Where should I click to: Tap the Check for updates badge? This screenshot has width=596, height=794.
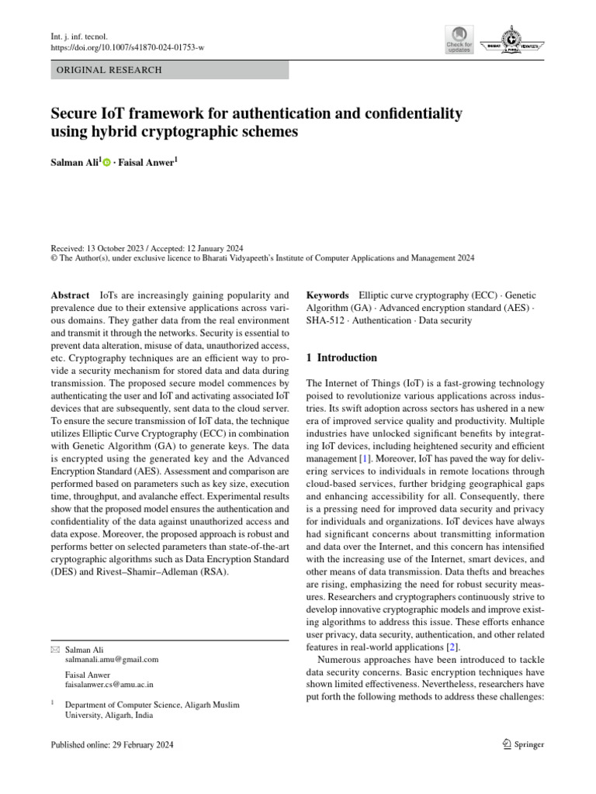click(459, 39)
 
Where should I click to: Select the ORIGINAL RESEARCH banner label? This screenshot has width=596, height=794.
click(106, 71)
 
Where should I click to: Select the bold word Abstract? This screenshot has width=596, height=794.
click(70, 295)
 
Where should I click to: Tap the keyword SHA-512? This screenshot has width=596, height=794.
click(327, 319)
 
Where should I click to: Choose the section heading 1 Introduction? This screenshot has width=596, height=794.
click(342, 358)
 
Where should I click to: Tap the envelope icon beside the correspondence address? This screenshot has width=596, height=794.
click(54, 650)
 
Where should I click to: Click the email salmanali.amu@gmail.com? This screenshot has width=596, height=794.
click(112, 660)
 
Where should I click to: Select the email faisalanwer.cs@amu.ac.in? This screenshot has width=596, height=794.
click(109, 685)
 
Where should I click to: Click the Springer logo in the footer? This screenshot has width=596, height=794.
click(523, 745)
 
